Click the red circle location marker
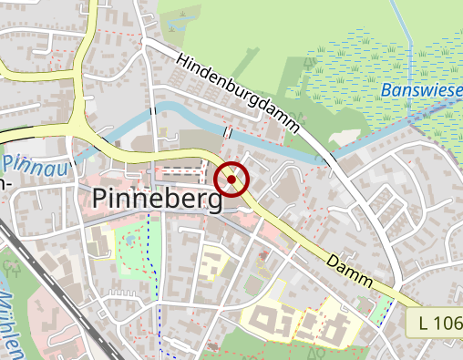[232, 180]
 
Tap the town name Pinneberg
[157, 199]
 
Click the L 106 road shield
[441, 324]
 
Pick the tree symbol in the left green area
[12, 268]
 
